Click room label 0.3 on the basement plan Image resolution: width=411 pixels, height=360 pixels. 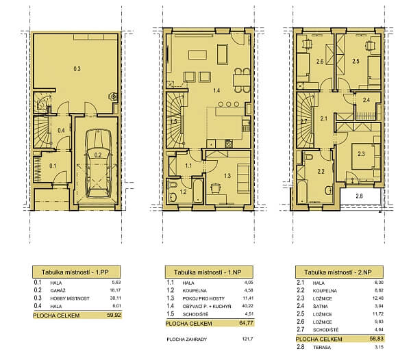tap(77, 68)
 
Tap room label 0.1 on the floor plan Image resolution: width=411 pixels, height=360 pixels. tap(53, 165)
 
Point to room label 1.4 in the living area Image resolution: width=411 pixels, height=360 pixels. tap(216, 90)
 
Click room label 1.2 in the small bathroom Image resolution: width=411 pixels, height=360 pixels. tap(184, 192)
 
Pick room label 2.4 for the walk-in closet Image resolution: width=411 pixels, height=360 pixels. tap(366, 101)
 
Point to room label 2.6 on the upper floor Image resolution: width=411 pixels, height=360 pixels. tap(320, 62)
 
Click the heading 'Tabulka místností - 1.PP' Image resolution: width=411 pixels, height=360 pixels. tap(77, 271)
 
